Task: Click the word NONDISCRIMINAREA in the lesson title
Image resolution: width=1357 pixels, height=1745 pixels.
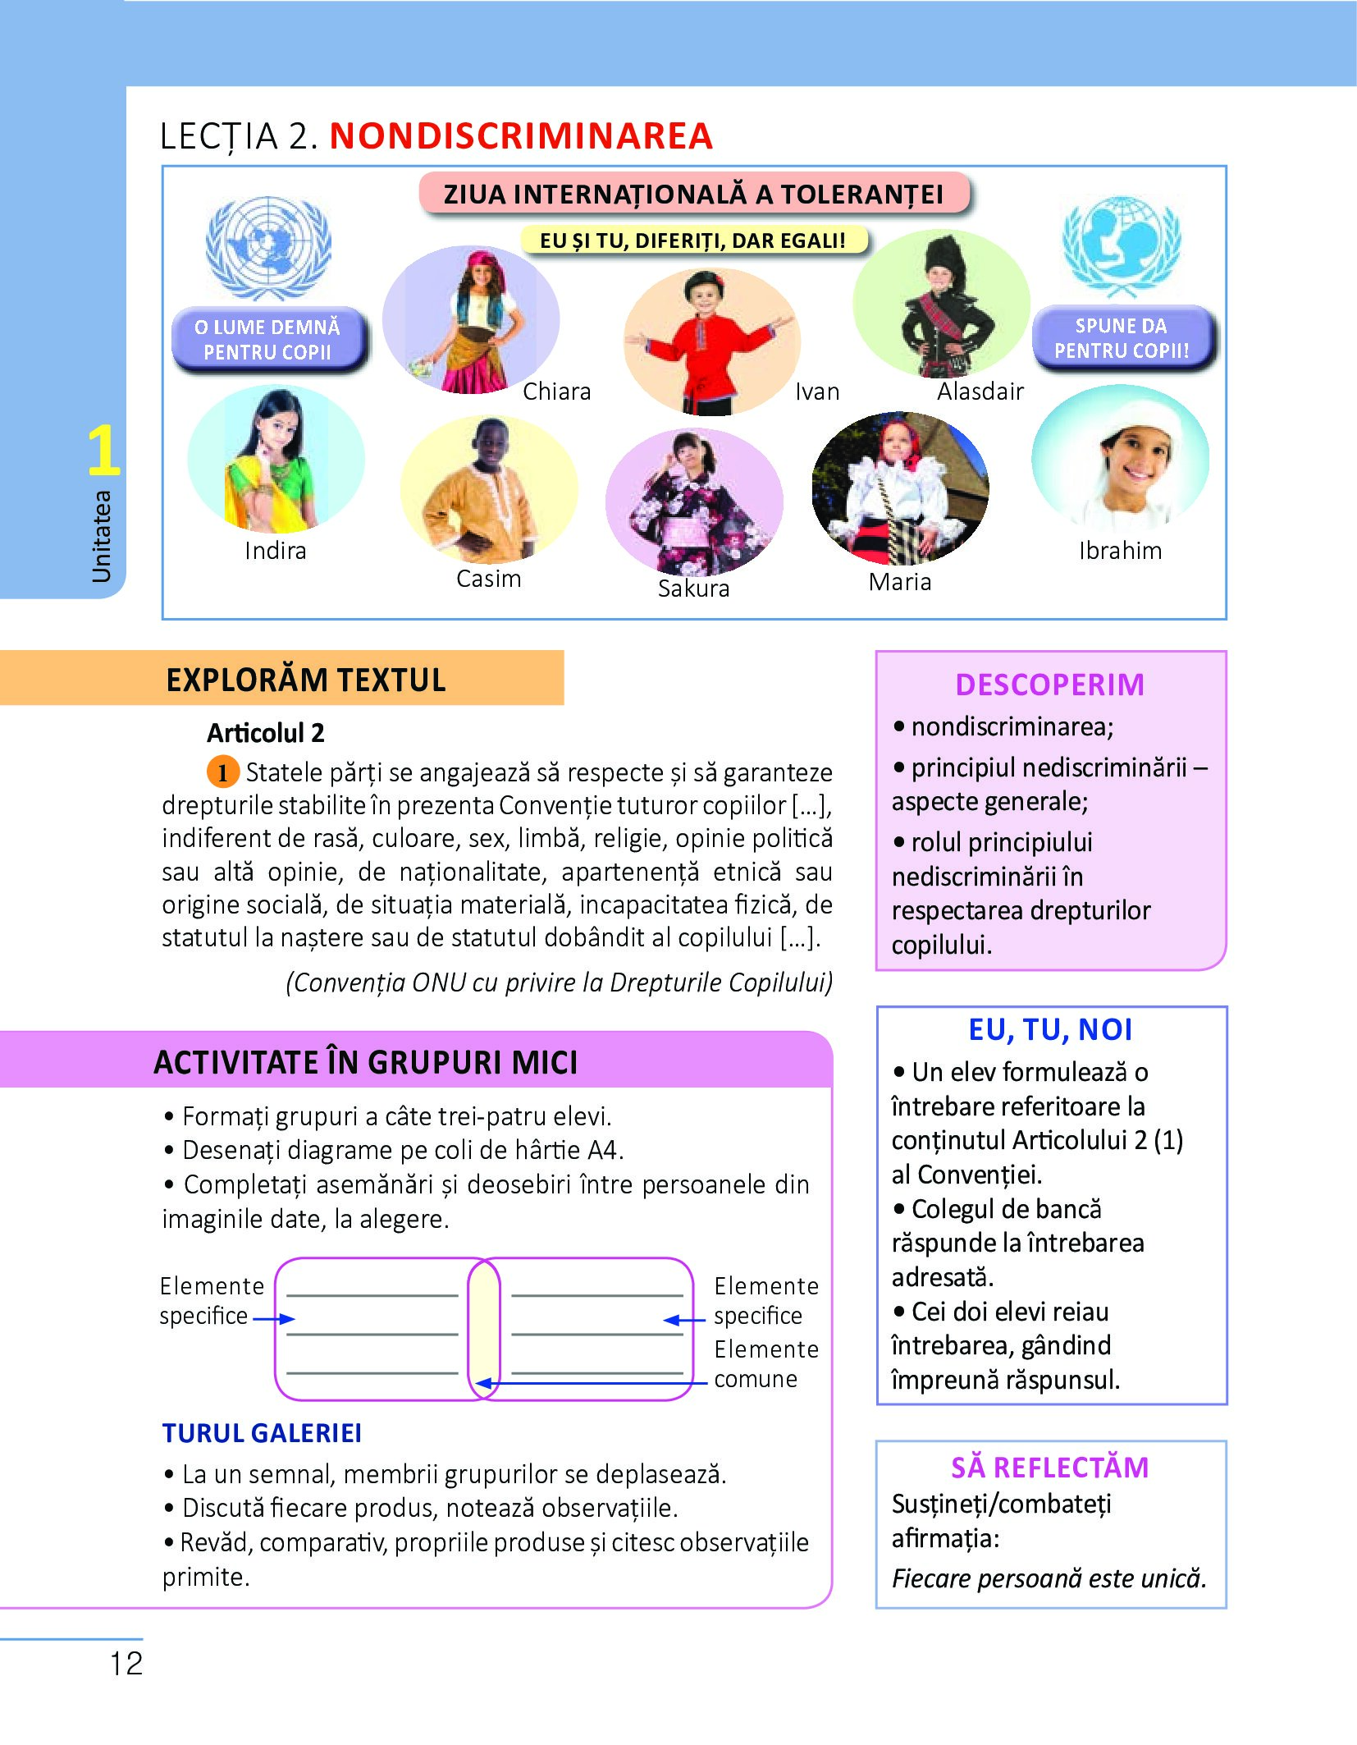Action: point(521,136)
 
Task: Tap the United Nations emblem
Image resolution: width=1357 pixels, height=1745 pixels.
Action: point(267,247)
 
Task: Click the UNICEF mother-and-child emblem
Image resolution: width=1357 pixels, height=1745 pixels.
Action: point(1121,245)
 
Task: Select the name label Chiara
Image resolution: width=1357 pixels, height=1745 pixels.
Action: point(556,392)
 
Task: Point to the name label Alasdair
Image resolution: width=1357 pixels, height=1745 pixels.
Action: point(980,392)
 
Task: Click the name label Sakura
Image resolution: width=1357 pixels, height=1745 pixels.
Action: point(693,589)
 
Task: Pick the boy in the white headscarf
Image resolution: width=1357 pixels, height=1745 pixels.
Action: point(1121,460)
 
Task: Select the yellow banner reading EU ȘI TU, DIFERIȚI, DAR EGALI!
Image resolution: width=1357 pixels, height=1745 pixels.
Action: point(693,240)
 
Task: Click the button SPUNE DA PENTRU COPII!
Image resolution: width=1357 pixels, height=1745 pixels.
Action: point(1122,338)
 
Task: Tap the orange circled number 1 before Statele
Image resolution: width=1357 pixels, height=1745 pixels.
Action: point(222,772)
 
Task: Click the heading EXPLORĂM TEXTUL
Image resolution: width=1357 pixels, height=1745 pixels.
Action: point(305,680)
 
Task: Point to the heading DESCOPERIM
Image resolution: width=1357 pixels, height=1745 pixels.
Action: point(1049,685)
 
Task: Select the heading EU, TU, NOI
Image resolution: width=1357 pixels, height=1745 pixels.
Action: point(1050,1029)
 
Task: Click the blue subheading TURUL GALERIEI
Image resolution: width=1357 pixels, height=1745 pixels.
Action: point(262,1433)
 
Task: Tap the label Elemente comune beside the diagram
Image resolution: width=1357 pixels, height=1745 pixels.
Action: point(765,1364)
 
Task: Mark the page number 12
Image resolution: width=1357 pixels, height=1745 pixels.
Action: point(126,1664)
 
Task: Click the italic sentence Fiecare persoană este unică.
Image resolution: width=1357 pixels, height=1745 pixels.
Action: point(1049,1578)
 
